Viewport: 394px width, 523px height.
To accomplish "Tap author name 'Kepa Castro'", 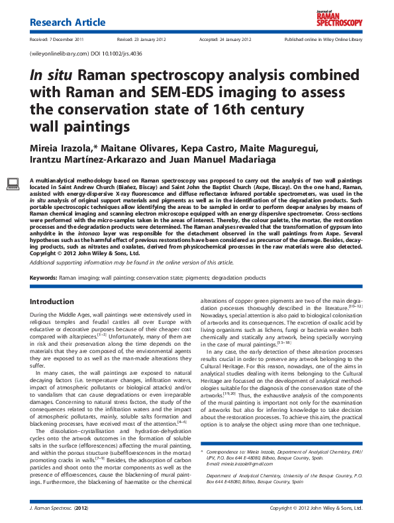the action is tap(198, 146).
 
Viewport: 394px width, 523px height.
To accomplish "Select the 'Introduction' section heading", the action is tap(52, 302).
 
